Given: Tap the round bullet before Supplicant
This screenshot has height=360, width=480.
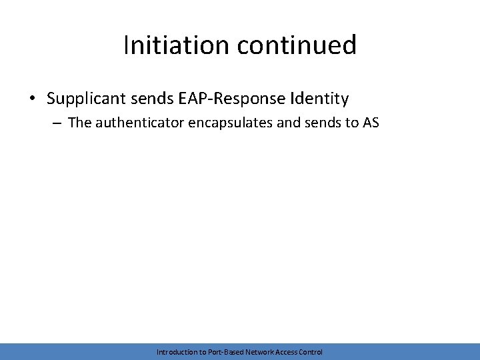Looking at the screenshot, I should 33,99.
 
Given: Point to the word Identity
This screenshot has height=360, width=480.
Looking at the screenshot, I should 319,99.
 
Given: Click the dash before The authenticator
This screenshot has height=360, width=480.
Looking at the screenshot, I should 59,123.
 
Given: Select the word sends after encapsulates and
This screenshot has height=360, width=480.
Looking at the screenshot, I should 322,123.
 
